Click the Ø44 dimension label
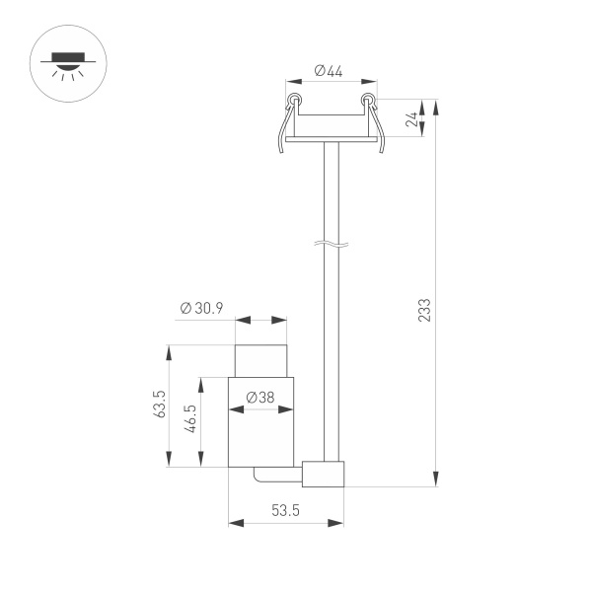329,70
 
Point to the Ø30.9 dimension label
202,308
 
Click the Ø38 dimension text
259,397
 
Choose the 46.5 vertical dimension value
190,421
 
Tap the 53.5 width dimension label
285,510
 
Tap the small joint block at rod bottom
324,474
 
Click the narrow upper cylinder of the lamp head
261,360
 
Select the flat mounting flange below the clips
331,141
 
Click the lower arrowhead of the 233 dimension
436,480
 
